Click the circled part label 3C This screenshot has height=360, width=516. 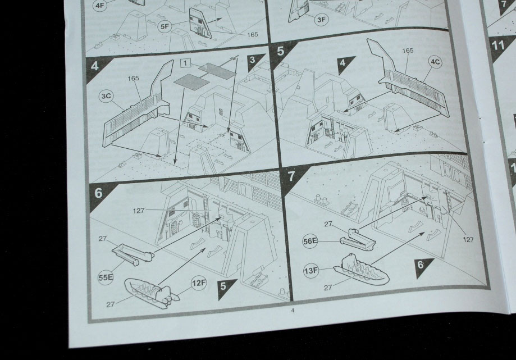coord(106,96)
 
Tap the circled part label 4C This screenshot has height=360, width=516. coord(435,62)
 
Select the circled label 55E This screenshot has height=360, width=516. coord(106,277)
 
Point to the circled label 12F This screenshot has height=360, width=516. coord(199,283)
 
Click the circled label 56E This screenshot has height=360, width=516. coord(310,241)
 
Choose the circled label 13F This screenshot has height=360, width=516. coord(311,271)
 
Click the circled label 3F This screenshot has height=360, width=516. coord(321,20)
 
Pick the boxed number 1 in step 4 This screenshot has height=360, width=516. coord(186,63)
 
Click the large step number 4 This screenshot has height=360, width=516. coord(94,66)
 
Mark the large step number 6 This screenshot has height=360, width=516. coord(98,193)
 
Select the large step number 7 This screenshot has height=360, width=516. coord(291,176)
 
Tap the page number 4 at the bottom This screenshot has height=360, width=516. coord(293,310)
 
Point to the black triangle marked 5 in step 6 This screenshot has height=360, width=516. coord(225,288)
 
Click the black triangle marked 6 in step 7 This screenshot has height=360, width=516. coord(423,266)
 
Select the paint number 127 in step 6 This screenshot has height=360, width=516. coord(139,211)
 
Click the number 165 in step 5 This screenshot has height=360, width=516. coord(408,51)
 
